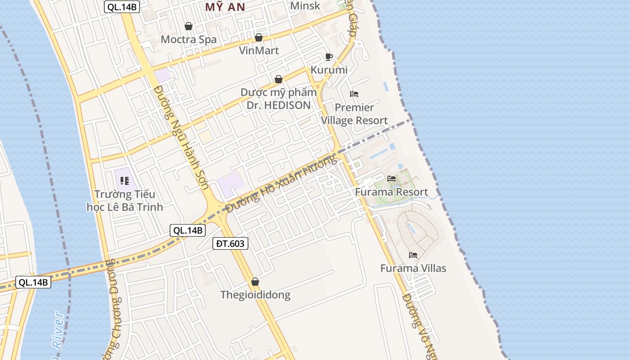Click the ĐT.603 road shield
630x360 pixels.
pyautogui.click(x=230, y=244)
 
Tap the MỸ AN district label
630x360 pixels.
pyautogui.click(x=225, y=7)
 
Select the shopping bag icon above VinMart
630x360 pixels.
pyautogui.click(x=259, y=37)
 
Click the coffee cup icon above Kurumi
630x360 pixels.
pyautogui.click(x=329, y=57)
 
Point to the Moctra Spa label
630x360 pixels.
pyautogui.click(x=189, y=39)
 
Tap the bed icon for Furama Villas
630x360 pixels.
pyautogui.click(x=413, y=255)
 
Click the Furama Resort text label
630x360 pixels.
pyautogui.click(x=391, y=192)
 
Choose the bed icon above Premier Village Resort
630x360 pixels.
pyautogui.click(x=354, y=94)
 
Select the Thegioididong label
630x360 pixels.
pyautogui.click(x=255, y=295)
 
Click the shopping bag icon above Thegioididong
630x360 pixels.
pyautogui.click(x=255, y=282)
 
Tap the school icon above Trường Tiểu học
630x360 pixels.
pyautogui.click(x=125, y=181)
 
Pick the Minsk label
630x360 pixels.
pyautogui.click(x=305, y=6)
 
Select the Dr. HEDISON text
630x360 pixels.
pyautogui.click(x=279, y=105)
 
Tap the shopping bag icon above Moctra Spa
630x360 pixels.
pyautogui.click(x=189, y=27)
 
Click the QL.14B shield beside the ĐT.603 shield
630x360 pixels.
pyautogui.click(x=188, y=230)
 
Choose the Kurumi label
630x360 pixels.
pyautogui.click(x=329, y=70)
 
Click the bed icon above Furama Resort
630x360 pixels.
pyautogui.click(x=391, y=179)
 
